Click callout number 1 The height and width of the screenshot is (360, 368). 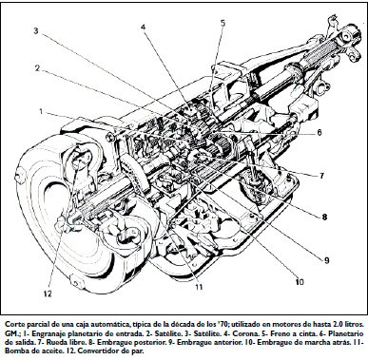(41, 111)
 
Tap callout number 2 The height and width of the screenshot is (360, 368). (37, 68)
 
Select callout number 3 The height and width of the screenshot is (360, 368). (36, 31)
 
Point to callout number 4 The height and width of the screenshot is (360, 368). (144, 28)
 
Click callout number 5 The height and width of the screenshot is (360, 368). (223, 23)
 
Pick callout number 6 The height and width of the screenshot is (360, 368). (319, 132)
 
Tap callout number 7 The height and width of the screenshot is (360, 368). (321, 176)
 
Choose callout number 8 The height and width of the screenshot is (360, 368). (324, 218)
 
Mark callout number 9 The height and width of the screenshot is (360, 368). (327, 260)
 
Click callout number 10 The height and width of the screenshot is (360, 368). (300, 281)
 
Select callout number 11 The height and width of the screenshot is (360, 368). (199, 287)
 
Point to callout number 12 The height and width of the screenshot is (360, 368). (48, 294)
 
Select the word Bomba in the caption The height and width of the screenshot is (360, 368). (15, 351)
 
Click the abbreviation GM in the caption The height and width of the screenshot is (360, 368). (10, 334)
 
